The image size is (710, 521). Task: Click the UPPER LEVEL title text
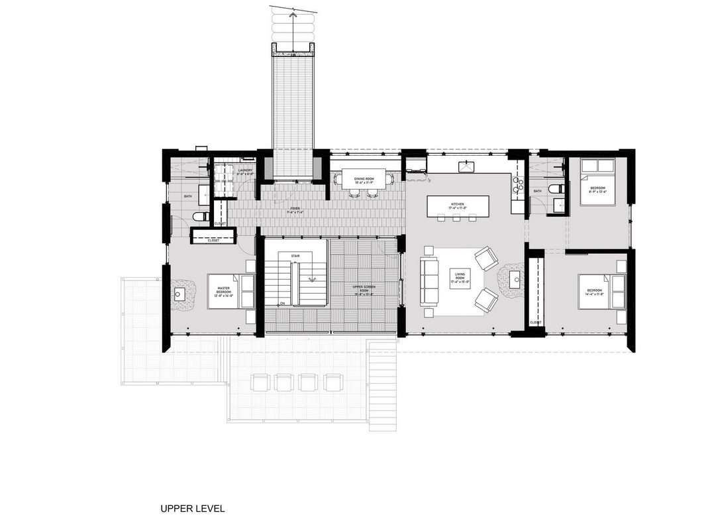coord(193,509)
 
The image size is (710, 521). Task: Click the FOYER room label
coord(294,210)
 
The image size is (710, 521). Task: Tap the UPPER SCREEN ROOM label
coord(364,291)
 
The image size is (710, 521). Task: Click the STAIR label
coord(286,255)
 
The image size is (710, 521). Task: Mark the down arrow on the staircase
coord(311,278)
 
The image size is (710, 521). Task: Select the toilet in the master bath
coord(199,217)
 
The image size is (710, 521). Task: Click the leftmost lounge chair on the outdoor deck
coord(260,382)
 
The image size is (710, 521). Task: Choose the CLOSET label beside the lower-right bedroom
coord(535,323)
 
